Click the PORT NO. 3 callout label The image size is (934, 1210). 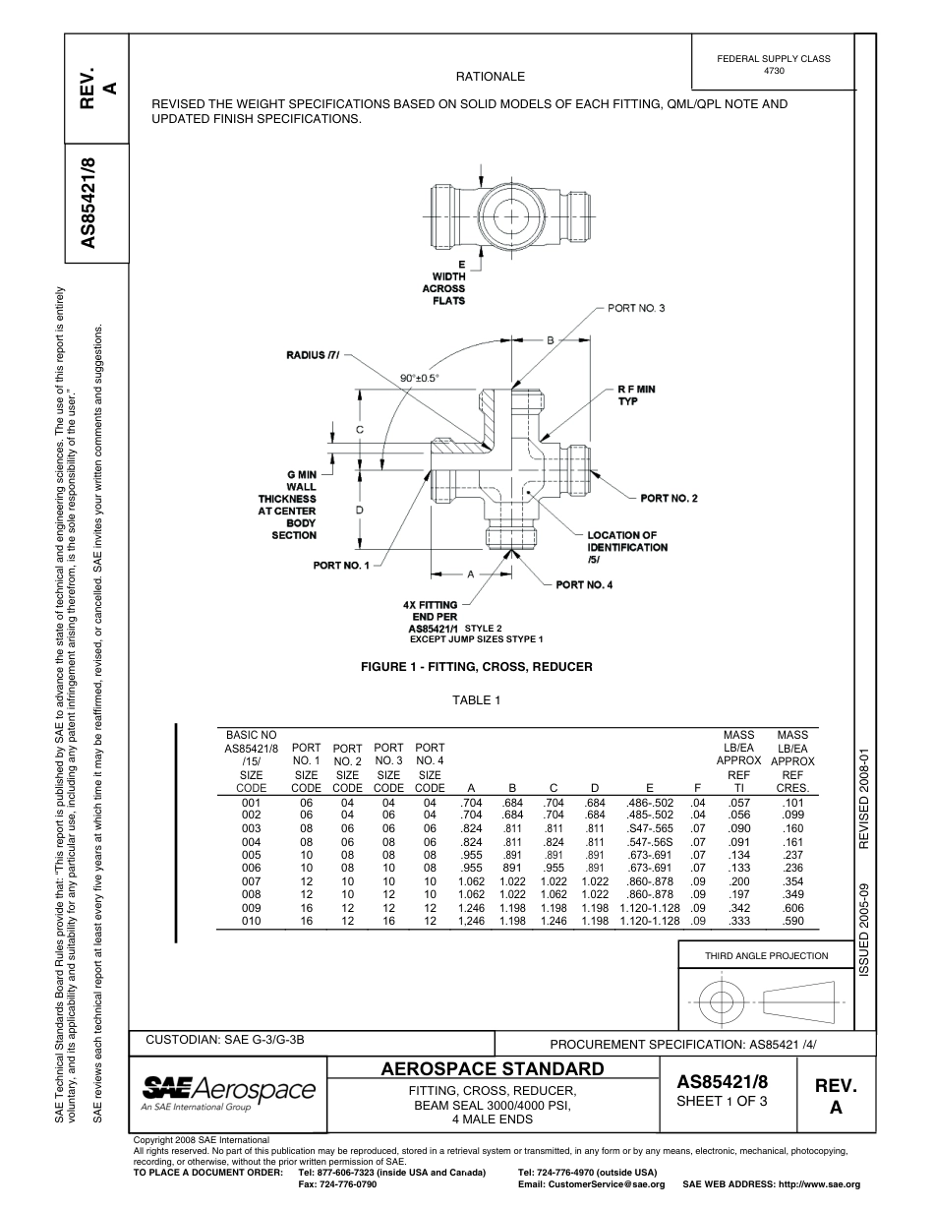tap(636, 308)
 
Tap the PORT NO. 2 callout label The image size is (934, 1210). tap(669, 499)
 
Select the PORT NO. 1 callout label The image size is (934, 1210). tap(341, 566)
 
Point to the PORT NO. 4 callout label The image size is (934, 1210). tap(584, 585)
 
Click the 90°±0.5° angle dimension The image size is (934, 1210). tap(420, 377)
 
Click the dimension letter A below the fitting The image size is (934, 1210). tap(471, 573)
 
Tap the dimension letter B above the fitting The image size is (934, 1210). tap(551, 339)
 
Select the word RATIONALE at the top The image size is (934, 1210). tap(491, 77)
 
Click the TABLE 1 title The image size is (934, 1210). tap(477, 700)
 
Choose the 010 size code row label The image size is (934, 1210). tap(251, 921)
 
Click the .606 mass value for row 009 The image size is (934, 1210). tap(792, 908)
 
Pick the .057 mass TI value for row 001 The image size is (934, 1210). tap(738, 803)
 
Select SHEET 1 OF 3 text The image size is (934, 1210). tap(722, 1101)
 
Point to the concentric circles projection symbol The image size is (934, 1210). tap(722, 1002)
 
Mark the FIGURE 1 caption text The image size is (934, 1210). tap(477, 667)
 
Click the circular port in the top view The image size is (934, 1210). tap(511, 214)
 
